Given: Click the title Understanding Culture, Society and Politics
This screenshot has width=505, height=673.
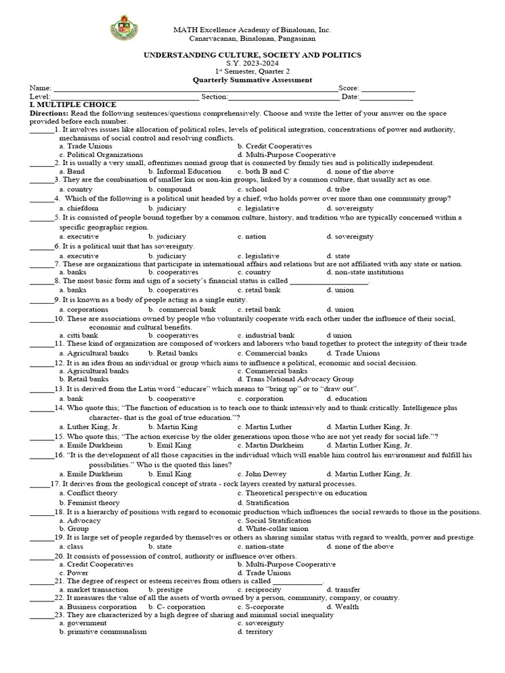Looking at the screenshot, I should (x=252, y=55).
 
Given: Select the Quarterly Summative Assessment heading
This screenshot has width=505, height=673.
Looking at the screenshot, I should (x=252, y=80).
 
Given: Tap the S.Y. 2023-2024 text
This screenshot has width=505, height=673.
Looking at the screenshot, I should (x=252, y=64).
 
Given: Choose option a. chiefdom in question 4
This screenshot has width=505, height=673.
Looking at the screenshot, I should (x=79, y=208).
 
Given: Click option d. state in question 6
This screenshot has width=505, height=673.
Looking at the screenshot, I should (x=337, y=256).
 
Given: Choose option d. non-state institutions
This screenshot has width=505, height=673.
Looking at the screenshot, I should (x=362, y=272).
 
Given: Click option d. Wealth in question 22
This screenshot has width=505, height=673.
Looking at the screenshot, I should (x=343, y=607).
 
